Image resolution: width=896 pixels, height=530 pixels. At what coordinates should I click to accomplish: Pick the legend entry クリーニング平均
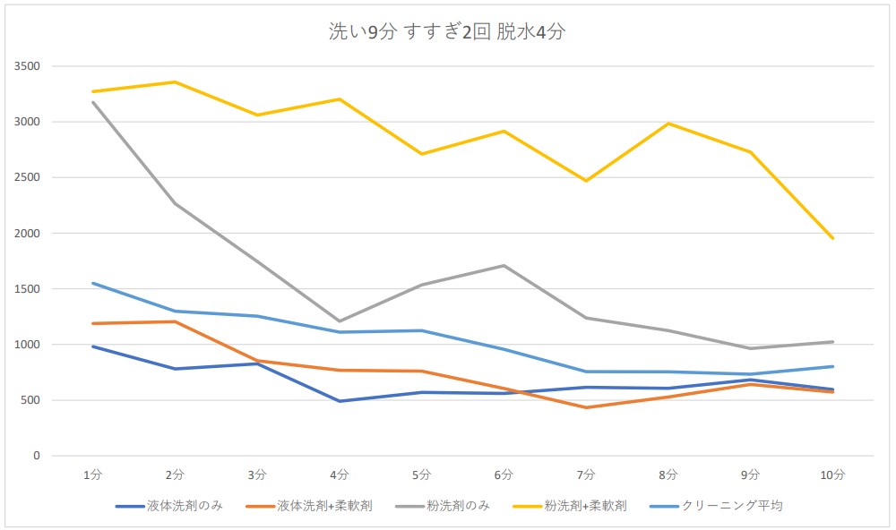[731, 506]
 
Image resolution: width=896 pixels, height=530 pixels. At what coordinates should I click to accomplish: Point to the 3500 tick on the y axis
[28, 66]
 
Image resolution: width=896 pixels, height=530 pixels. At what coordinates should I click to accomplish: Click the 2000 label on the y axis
[28, 234]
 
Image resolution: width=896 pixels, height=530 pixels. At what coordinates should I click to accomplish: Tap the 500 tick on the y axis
[31, 400]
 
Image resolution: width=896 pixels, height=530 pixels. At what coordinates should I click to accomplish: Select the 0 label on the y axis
[37, 456]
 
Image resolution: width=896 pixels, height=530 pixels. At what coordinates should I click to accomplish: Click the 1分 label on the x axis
[93, 474]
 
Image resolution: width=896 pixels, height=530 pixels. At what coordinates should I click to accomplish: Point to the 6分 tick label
[504, 474]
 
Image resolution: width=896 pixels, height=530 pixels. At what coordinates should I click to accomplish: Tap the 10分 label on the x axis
[832, 474]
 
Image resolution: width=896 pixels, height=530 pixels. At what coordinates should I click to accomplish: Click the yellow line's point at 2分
[176, 82]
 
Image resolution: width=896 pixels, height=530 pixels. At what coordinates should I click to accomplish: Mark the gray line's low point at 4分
[340, 321]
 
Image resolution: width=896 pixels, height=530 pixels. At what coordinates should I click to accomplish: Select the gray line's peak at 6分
[504, 266]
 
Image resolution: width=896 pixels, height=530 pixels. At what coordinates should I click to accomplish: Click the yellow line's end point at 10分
[832, 238]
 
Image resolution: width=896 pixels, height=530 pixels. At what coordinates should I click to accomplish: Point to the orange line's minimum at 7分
[586, 407]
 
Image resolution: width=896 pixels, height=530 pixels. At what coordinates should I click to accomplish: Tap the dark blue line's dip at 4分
[340, 401]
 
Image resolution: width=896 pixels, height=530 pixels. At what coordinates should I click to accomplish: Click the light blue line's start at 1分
[93, 283]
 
